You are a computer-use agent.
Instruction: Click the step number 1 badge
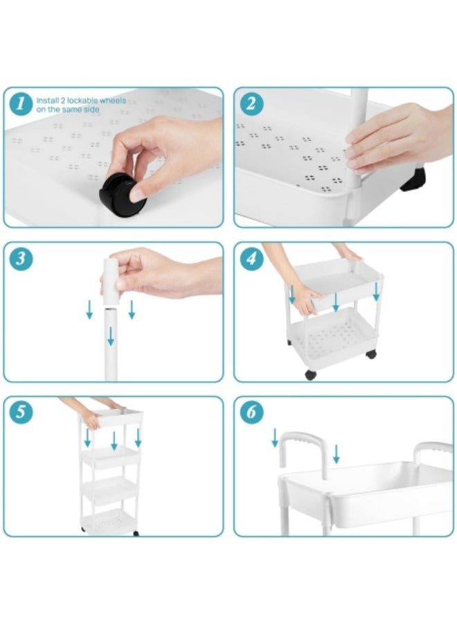[x=22, y=105]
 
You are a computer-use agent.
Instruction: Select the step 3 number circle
[x=22, y=259]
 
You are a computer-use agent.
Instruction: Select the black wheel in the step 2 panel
[x=413, y=180]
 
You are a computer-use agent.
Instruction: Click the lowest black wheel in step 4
[x=310, y=374]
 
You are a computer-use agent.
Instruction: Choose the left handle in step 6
[x=303, y=451]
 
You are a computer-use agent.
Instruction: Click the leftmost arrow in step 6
[x=275, y=437]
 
